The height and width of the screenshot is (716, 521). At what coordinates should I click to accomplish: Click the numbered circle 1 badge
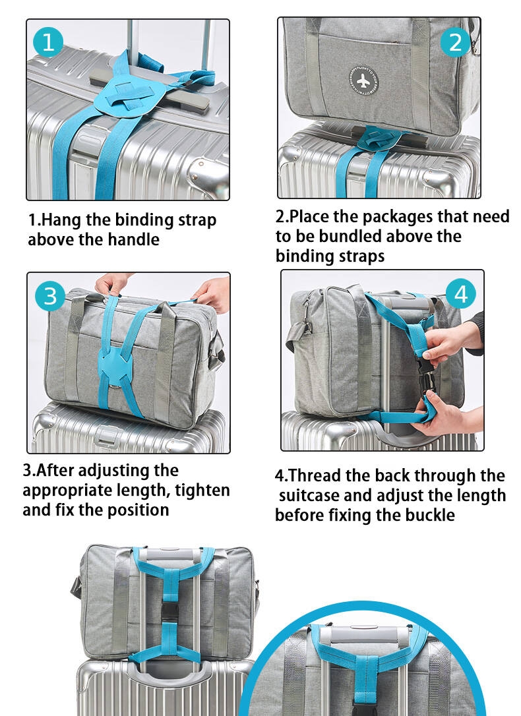click(x=48, y=42)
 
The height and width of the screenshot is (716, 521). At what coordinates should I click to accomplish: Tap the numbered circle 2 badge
click(x=455, y=42)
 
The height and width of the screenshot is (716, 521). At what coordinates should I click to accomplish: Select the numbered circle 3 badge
click(x=50, y=296)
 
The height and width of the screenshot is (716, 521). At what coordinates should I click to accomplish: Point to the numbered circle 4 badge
click(x=460, y=294)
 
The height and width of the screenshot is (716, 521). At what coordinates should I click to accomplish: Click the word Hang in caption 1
click(x=61, y=220)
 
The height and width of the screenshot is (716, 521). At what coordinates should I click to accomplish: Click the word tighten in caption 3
click(x=202, y=491)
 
